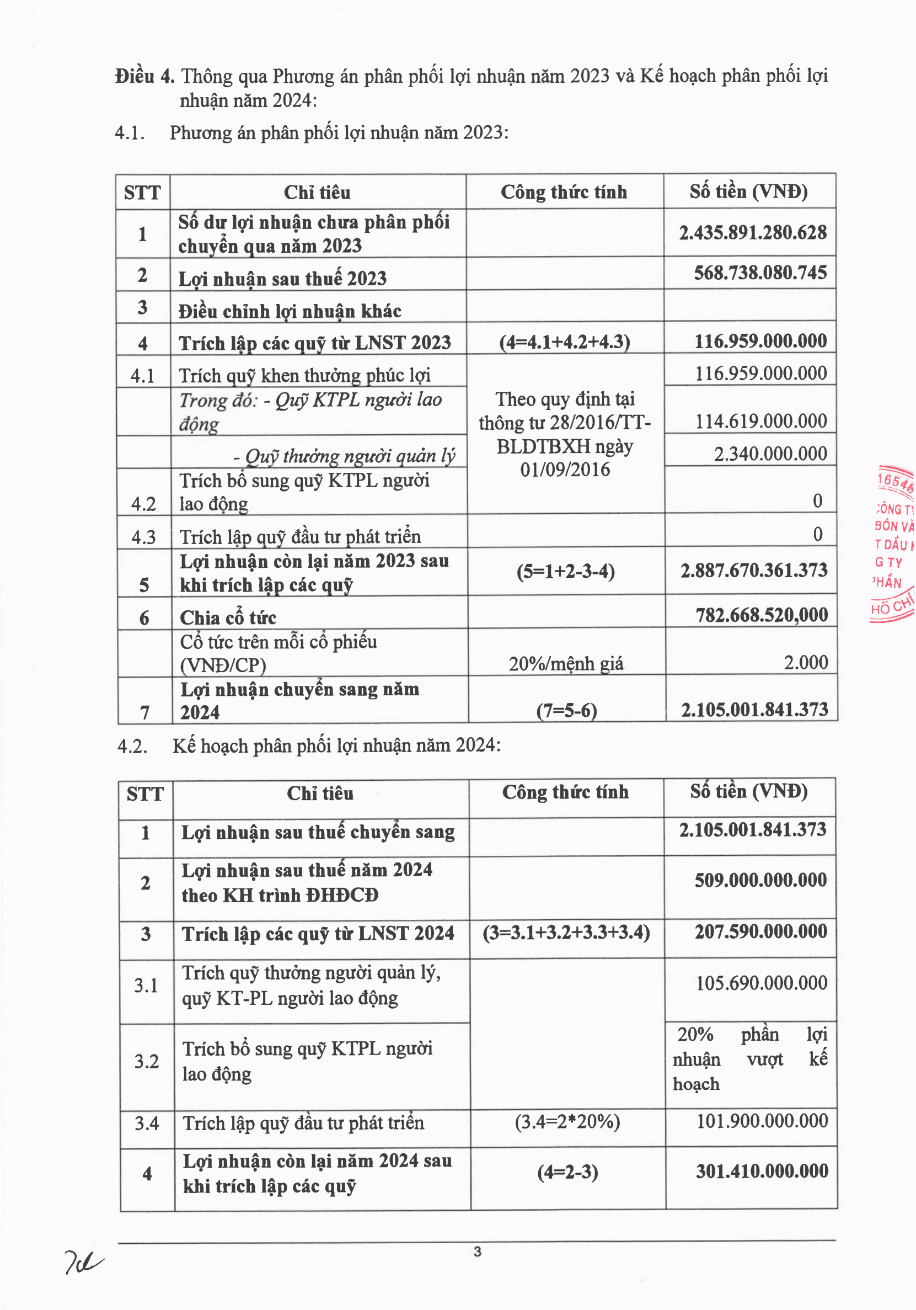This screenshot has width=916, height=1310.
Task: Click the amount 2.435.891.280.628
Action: pos(752,233)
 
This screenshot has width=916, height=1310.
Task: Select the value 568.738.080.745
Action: pos(760,273)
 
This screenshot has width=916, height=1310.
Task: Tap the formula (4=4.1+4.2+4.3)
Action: pos(564,342)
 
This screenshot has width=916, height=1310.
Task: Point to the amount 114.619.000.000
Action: pos(760,421)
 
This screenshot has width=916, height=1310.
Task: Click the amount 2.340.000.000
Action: pos(770,454)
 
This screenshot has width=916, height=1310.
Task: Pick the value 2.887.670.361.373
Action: pos(753,570)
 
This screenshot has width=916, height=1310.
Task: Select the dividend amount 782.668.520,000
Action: pos(762,615)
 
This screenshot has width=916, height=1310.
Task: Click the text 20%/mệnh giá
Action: pos(566,664)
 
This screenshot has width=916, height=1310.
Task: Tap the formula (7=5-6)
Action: pos(566,710)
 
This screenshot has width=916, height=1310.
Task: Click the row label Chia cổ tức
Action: pos(228,617)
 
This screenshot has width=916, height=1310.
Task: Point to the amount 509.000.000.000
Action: pos(760,880)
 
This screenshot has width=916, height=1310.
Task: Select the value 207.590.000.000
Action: pos(760,931)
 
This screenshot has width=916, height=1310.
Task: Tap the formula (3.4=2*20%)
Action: pos(567,1122)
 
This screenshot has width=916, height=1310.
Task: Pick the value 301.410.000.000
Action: pos(762,1171)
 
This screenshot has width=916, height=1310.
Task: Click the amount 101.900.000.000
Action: pos(762,1121)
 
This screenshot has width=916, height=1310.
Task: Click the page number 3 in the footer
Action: pos(478,1252)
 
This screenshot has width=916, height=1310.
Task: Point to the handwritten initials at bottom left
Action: pos(83,1261)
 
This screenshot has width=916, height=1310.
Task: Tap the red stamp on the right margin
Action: pos(893,545)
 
